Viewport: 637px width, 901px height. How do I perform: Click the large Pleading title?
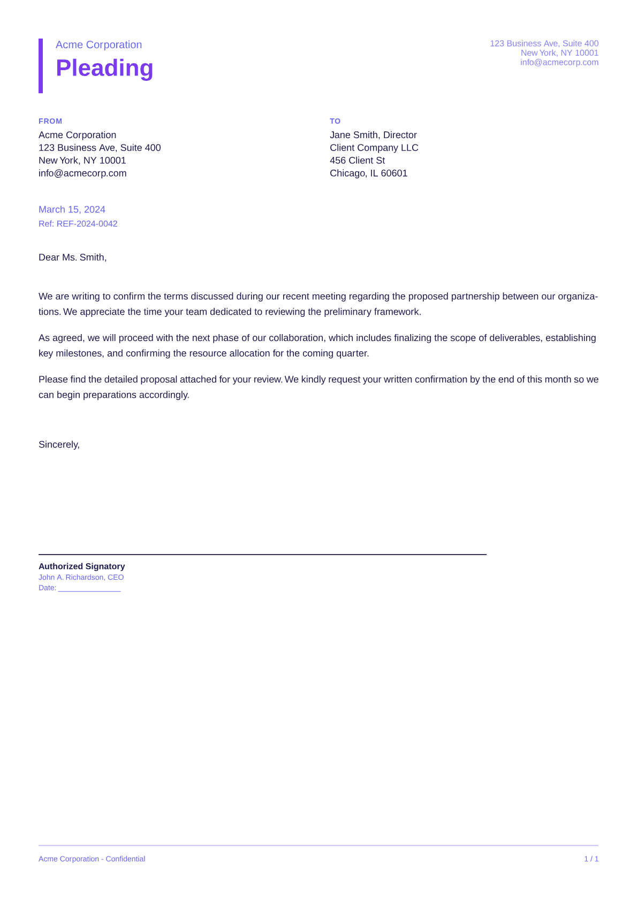point(104,68)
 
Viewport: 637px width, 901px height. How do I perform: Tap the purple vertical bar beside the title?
point(41,66)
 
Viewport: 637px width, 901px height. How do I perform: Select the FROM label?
point(50,121)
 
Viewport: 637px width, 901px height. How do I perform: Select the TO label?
point(335,121)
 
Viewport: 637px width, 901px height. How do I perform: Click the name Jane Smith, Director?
point(373,135)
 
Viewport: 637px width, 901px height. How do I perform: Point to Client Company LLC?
point(374,148)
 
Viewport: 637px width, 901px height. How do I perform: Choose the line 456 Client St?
point(357,161)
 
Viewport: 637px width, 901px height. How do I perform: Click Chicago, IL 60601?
point(368,173)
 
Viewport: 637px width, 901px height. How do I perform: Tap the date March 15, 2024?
point(72,209)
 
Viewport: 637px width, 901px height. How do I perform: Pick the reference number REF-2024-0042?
point(87,224)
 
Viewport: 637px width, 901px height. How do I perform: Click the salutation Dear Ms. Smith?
point(72,258)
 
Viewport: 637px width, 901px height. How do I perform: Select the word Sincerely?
point(59,444)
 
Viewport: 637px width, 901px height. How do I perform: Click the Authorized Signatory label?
point(81,566)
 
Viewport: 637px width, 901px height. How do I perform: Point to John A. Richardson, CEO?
point(81,577)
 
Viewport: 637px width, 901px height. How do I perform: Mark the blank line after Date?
point(89,589)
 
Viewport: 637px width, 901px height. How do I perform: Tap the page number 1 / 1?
point(591,859)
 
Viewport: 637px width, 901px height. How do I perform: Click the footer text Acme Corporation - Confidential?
point(92,859)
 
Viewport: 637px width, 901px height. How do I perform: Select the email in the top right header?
point(559,62)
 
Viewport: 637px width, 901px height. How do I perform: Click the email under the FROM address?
point(82,173)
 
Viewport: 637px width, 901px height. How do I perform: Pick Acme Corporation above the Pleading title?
point(98,45)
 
